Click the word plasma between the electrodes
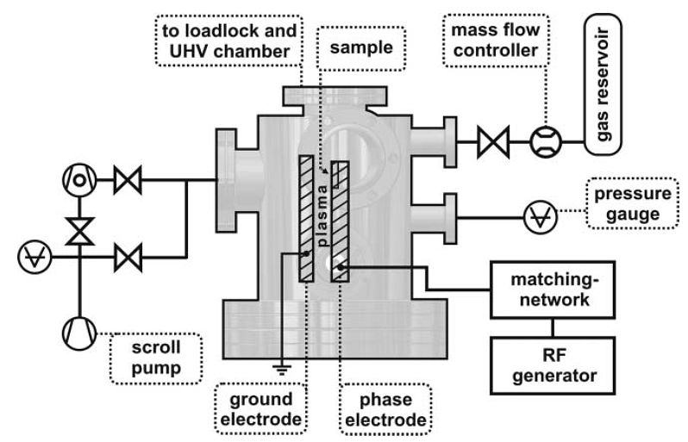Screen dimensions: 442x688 326,215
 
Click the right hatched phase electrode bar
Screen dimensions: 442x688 341,219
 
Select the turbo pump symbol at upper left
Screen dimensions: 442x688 78,180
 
